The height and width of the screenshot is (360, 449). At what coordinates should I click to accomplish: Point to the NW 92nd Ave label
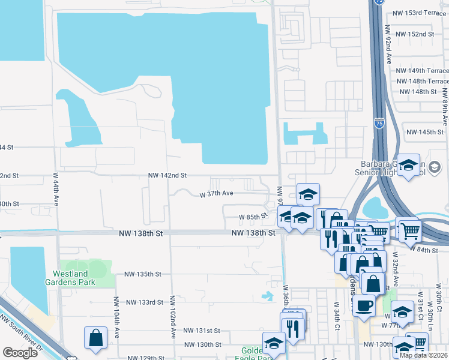click(x=389, y=50)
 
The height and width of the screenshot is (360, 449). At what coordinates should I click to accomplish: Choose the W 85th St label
click(x=252, y=217)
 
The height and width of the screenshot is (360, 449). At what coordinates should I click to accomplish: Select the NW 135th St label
click(x=143, y=274)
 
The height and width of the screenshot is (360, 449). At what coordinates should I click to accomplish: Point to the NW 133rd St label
click(x=144, y=302)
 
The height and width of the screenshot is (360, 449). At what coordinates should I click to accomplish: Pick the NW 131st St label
click(x=202, y=331)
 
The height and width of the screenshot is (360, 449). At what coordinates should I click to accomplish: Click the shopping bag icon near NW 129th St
click(x=96, y=338)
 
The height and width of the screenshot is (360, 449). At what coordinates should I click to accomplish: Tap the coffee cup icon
click(x=364, y=305)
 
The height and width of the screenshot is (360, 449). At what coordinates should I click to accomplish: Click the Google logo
click(x=20, y=353)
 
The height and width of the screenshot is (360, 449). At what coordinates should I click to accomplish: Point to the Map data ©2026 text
click(x=424, y=355)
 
